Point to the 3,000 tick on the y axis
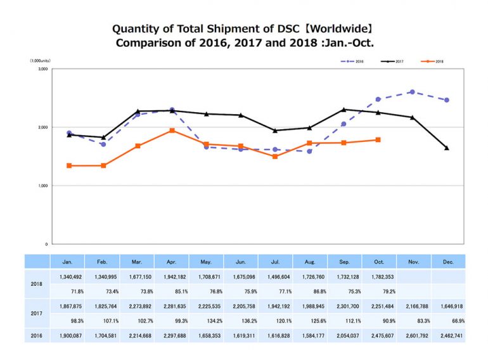coord(43,69)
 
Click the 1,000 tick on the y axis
coord(43,186)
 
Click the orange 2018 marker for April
coord(172,131)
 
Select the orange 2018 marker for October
coord(378,139)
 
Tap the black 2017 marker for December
coord(447,148)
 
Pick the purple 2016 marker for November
coord(413,92)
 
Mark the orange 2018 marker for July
coord(275,157)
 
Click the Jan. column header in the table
coord(69,260)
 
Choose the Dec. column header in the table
coord(447,260)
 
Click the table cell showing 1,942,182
coord(172,276)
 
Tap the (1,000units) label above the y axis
coord(39,60)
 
